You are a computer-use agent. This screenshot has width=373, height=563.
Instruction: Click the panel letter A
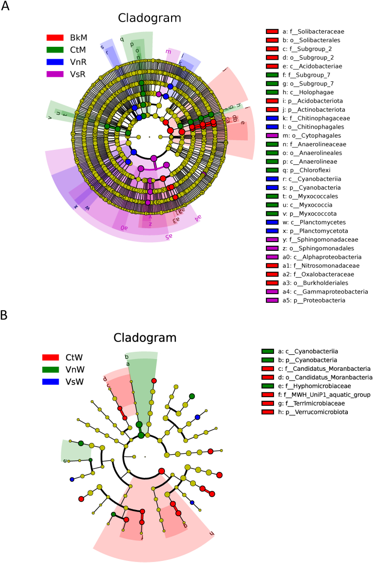tap(5, 8)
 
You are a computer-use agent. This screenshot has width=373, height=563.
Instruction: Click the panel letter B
tap(5, 315)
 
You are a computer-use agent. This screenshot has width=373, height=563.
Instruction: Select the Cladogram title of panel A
tap(149, 18)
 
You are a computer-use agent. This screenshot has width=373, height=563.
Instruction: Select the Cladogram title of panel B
tap(145, 338)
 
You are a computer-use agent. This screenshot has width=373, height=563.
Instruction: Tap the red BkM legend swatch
tap(55, 38)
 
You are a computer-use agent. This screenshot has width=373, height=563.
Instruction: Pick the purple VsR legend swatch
tap(55, 75)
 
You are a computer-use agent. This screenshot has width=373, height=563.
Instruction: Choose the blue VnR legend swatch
tap(55, 63)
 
